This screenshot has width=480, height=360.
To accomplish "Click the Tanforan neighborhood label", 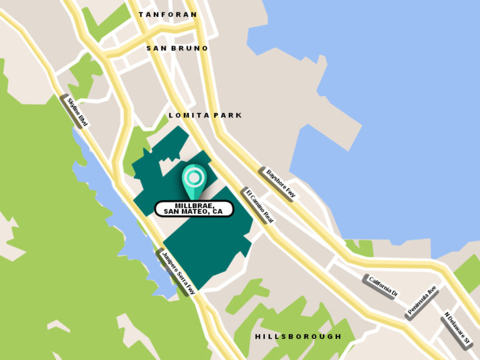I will coord(167,14).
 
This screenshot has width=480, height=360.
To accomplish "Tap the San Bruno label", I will coord(177,48).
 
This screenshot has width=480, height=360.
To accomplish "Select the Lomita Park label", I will coord(205,116).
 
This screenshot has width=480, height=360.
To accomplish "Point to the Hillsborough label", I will coord(298,336).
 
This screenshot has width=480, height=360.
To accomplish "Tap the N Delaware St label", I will coord(456,329).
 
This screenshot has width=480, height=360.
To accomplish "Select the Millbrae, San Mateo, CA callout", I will coord(194,209).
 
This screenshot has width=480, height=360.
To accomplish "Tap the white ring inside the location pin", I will coord(194,178).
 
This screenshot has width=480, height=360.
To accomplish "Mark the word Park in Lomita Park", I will coord(229,116).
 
